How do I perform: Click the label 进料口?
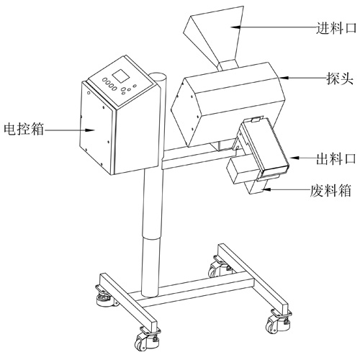[336, 28]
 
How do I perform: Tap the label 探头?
[340, 78]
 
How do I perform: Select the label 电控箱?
[24, 129]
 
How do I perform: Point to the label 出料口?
[336, 158]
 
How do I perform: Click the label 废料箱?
[330, 191]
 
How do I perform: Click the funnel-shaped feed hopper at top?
[215, 37]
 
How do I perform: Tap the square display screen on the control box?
[122, 76]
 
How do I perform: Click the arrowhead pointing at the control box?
[90, 130]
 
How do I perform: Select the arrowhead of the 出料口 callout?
[294, 158]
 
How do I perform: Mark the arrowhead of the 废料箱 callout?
[266, 189]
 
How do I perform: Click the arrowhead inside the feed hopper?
[236, 27]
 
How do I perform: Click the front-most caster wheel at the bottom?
[143, 339]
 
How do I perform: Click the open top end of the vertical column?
[158, 76]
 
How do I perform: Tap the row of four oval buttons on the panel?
[109, 84]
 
